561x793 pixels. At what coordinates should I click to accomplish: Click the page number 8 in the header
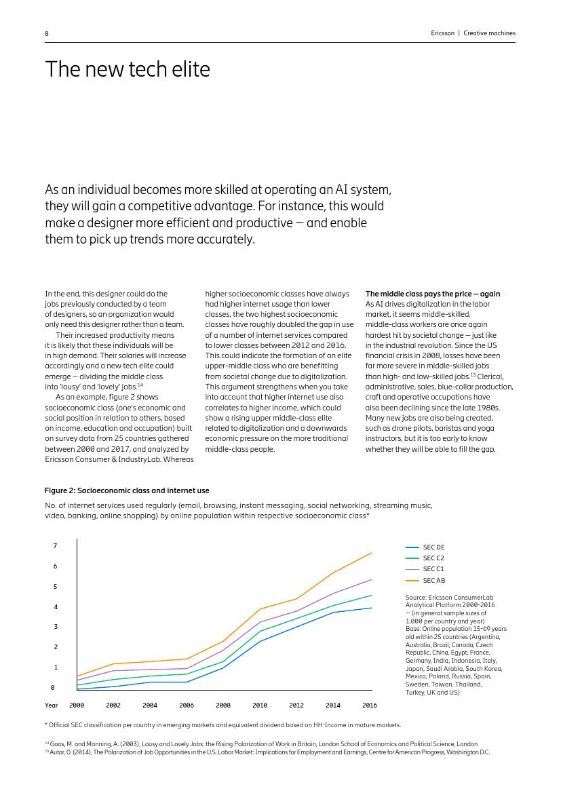pos(47,33)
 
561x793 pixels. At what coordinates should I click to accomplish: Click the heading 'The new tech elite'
pos(128,69)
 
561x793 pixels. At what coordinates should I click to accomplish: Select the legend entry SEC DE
pos(433,547)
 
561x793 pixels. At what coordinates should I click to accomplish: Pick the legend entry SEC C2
pos(433,558)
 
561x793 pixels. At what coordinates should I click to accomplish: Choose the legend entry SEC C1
pos(433,569)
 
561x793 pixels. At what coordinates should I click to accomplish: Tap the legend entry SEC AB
pos(433,580)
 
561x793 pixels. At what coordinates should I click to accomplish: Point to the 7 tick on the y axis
pos(55,545)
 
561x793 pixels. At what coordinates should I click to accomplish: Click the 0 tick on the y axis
pos(53,687)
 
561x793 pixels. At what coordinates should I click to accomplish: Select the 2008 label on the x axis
pos(223,705)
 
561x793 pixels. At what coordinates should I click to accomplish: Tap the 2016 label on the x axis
pos(370,705)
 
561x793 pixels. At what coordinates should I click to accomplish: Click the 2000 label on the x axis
pos(77,705)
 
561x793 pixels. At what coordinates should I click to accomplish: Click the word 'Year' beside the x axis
pos(52,705)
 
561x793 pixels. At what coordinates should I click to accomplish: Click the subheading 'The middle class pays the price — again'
pos(433,294)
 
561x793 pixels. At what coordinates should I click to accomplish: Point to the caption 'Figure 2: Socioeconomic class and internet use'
pos(127,490)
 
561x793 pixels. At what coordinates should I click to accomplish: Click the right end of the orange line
pos(371,553)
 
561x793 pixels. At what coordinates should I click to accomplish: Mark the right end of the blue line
pos(371,608)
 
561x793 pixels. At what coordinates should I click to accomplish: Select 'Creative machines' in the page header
pos(489,33)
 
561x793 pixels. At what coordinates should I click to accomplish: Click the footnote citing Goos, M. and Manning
pos(261,744)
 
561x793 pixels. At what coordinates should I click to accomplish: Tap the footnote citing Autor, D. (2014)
pos(267,752)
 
